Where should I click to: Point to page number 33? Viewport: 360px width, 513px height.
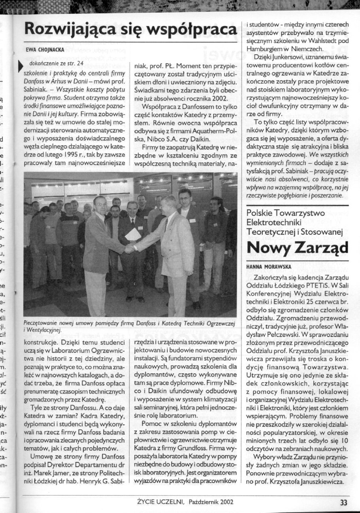pos(343,502)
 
